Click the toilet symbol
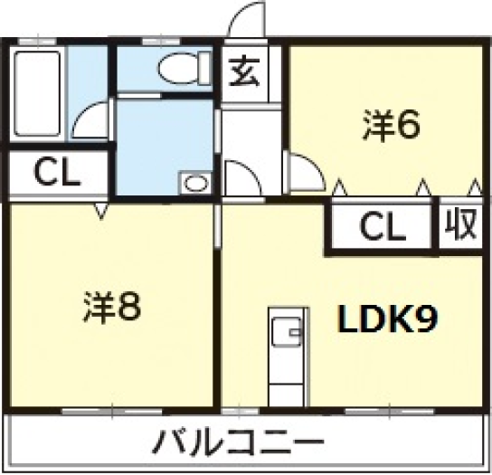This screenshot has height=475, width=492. pyautogui.click(x=184, y=69)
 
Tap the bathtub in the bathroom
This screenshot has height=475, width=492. pyautogui.click(x=38, y=93)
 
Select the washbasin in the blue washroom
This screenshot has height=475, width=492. pyautogui.click(x=195, y=183)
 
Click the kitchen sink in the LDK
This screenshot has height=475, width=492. pyautogui.click(x=287, y=331)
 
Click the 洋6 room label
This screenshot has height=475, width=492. pyautogui.click(x=392, y=125)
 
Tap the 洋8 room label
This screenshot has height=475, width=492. pyautogui.click(x=112, y=307)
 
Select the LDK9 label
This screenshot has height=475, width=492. pyautogui.click(x=387, y=319)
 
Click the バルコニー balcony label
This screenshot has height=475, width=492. pyautogui.click(x=238, y=442)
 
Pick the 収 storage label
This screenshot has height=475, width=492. pyautogui.click(x=461, y=223)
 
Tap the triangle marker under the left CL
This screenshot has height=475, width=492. pyautogui.click(x=101, y=211)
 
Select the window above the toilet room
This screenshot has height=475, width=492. pyautogui.click(x=161, y=42)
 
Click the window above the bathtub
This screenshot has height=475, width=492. pyautogui.click(x=38, y=42)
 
